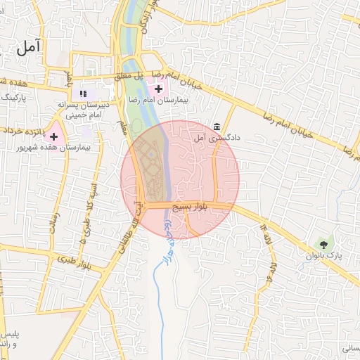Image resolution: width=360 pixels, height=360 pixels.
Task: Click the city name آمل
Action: pyautogui.click(x=28, y=47)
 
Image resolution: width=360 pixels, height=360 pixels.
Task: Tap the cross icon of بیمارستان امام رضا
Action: pyautogui.click(x=159, y=89)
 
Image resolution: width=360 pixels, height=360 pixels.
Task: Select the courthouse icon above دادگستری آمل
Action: pyautogui.click(x=216, y=127)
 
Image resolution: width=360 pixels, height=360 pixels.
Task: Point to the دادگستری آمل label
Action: pyautogui.click(x=217, y=139)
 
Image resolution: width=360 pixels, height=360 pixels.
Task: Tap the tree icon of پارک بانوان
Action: pyautogui.click(x=323, y=245)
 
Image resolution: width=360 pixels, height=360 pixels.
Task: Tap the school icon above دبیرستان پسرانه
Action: pyautogui.click(x=82, y=93)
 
